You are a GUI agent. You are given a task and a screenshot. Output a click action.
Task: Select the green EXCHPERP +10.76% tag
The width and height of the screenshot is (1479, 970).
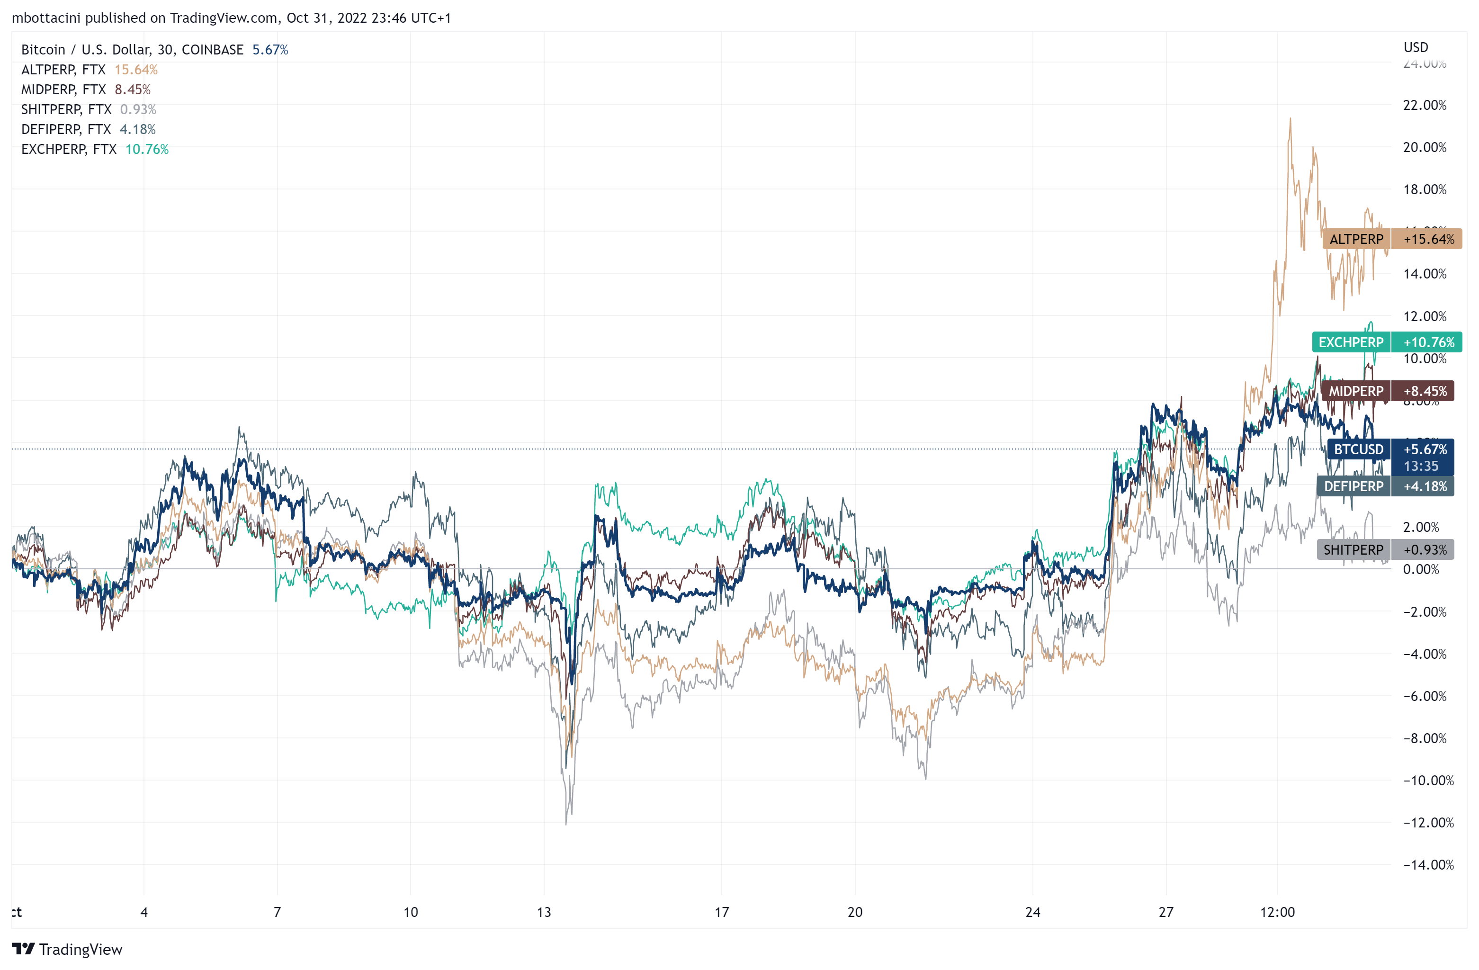point(1386,342)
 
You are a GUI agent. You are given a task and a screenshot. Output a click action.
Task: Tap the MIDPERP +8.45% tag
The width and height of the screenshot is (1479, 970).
point(1387,391)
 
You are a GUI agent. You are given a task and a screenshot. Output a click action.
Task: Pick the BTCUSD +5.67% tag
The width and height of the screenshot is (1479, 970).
point(1389,449)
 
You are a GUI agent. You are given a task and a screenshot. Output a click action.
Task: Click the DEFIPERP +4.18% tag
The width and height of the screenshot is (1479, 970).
point(1385,486)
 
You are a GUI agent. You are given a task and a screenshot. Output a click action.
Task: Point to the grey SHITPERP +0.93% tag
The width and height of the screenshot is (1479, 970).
point(1385,550)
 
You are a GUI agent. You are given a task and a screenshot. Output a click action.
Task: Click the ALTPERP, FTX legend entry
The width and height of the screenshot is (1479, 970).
point(63,70)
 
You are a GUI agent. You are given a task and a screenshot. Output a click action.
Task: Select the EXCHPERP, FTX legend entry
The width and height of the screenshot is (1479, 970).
point(68,149)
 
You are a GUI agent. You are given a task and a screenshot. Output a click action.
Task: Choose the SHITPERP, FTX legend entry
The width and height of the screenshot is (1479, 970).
point(66,109)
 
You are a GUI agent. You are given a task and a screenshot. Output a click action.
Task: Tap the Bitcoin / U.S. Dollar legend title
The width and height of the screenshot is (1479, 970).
point(132,50)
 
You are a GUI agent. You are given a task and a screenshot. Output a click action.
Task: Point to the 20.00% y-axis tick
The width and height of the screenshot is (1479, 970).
point(1425,147)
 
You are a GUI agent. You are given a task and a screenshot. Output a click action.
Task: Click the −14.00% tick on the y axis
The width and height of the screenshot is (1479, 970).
point(1428,864)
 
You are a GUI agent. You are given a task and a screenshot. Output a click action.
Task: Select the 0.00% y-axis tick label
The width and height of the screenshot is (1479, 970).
point(1421,569)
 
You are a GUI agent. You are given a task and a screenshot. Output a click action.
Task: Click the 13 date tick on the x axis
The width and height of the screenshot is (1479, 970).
point(544,912)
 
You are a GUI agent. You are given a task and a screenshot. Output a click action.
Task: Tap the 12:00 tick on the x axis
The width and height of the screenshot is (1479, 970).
point(1277,912)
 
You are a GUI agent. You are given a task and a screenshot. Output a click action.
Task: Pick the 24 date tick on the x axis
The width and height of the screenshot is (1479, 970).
point(1032,912)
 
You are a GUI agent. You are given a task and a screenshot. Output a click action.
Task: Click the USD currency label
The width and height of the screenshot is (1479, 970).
point(1416,47)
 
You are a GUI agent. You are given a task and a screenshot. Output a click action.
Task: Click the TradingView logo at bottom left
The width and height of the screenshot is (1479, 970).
point(67,950)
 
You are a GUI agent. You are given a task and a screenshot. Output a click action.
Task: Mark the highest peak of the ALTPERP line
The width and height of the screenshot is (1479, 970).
point(1290,119)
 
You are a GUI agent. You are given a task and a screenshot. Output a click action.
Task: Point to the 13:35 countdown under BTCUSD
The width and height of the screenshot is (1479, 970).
point(1421,466)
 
